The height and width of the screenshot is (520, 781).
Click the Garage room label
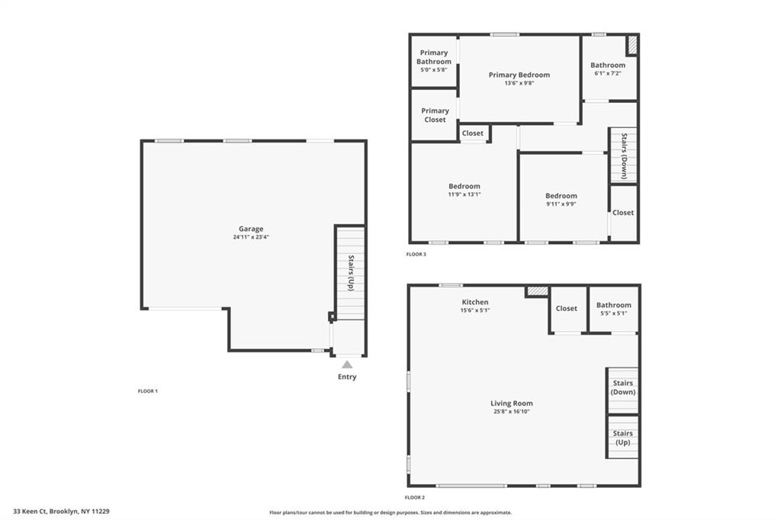click(251, 229)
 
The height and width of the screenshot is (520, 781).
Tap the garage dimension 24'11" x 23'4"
click(251, 237)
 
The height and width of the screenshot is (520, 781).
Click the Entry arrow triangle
click(347, 364)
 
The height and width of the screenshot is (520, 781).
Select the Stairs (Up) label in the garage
click(351, 273)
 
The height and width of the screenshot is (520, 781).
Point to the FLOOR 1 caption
click(148, 391)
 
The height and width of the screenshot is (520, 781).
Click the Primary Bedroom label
click(519, 75)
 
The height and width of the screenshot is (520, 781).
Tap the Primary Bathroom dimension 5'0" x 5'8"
click(433, 69)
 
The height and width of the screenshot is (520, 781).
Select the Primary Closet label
click(435, 115)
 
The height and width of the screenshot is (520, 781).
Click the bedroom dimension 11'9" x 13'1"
click(464, 194)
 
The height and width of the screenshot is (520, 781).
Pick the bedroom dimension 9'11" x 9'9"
click(561, 204)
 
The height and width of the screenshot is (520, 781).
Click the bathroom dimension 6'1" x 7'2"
click(607, 73)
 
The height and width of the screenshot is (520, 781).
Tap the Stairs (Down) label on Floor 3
click(624, 156)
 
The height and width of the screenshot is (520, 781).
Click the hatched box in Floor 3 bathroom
click(632, 45)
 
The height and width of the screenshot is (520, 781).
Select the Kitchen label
click(474, 303)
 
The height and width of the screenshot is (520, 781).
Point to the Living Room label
click(511, 403)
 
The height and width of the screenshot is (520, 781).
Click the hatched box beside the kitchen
click(538, 291)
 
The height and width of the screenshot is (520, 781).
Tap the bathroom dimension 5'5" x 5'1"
click(613, 313)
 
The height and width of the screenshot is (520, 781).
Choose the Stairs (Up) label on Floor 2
click(623, 438)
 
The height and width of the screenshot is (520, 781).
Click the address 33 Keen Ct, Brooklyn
click(61, 512)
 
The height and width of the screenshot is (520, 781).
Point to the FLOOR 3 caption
click(416, 254)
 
